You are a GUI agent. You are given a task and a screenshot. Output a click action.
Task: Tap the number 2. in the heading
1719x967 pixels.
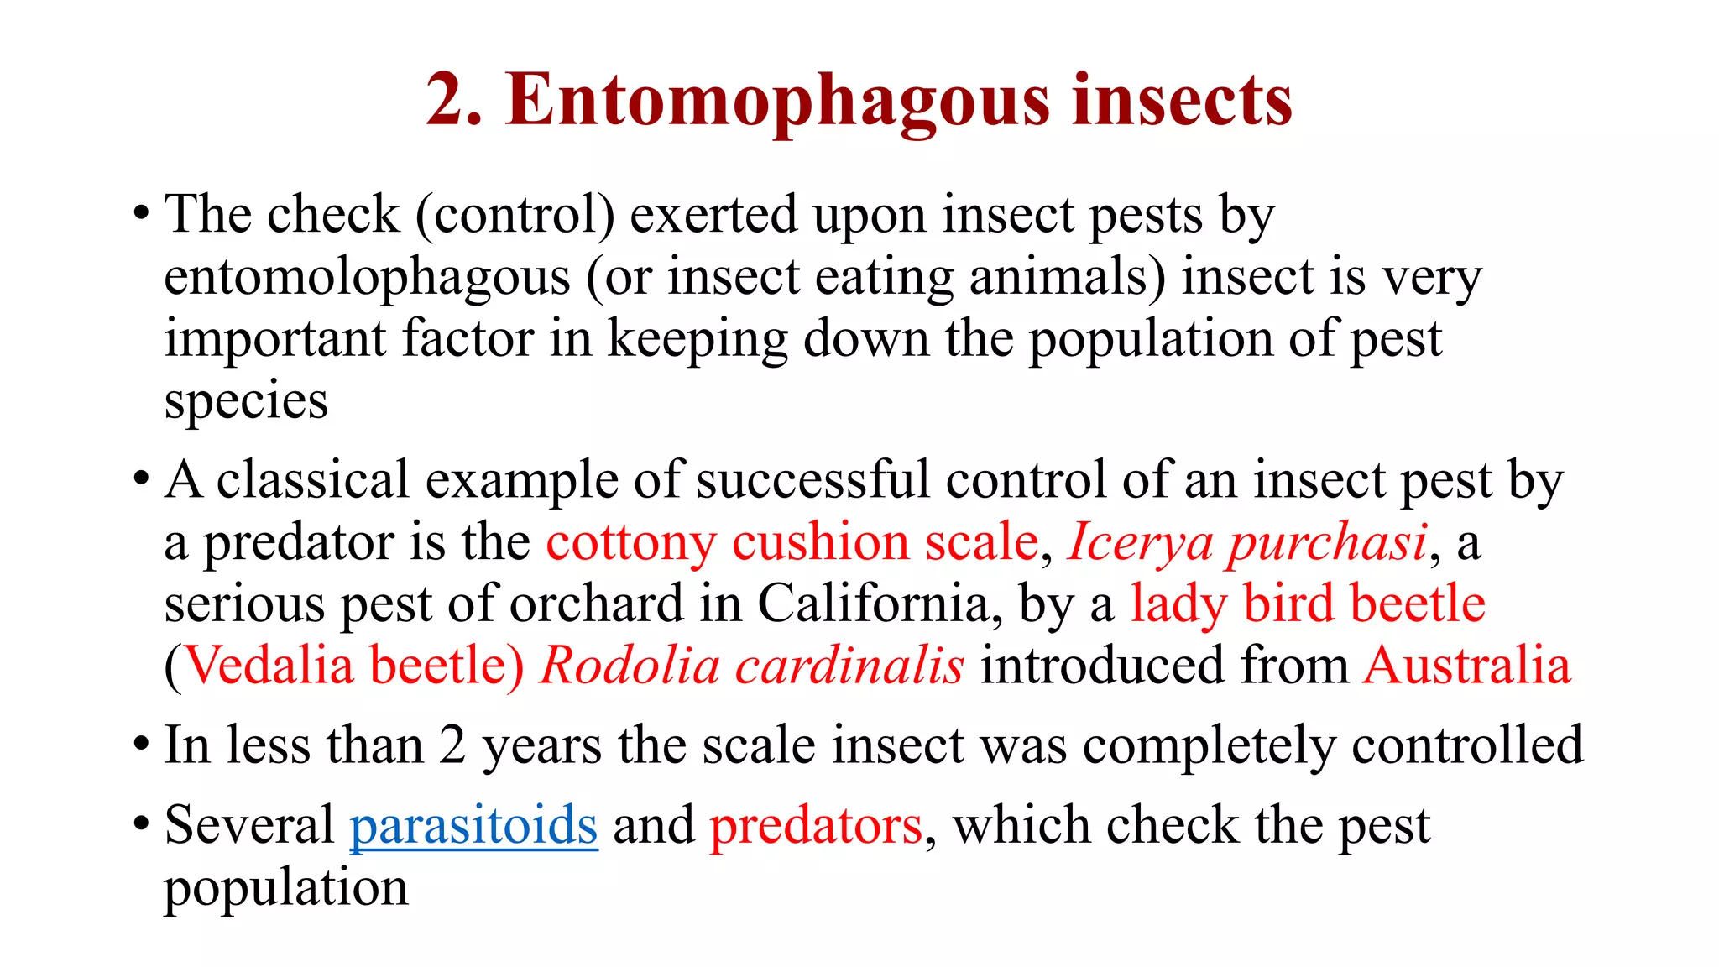[454, 101]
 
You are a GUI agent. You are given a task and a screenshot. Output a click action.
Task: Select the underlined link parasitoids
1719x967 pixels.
[473, 825]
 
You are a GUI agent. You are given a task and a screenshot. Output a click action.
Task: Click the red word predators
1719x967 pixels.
[816, 825]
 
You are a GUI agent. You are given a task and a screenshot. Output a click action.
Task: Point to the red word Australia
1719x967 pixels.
[1466, 666]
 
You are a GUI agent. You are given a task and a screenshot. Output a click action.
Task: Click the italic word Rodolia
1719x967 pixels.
[630, 666]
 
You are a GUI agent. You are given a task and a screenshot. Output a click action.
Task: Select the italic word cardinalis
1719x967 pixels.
[849, 666]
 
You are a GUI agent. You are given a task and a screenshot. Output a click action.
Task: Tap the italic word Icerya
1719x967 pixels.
[1140, 542]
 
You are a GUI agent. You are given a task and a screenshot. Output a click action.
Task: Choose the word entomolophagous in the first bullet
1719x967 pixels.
[367, 279]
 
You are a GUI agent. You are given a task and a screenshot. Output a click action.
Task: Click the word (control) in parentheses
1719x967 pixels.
[515, 215]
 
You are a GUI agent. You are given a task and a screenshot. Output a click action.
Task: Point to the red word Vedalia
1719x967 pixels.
[268, 666]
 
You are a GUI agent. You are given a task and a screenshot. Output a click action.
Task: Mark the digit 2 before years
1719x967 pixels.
[452, 745]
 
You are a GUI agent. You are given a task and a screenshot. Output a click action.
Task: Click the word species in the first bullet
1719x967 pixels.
[246, 401]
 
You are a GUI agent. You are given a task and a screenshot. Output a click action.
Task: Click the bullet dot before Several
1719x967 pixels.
[142, 824]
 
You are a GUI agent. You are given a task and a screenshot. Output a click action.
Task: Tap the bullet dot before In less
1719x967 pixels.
[142, 745]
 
